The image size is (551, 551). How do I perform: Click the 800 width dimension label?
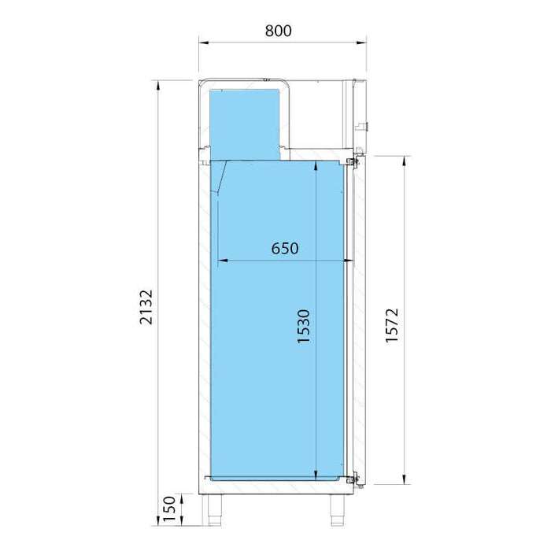tap(279, 31)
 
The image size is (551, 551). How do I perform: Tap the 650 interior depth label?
tap(285, 248)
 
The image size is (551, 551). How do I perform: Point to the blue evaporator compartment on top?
tap(245, 118)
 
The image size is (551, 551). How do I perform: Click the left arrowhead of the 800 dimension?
tap(201, 42)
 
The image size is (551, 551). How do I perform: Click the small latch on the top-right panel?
tap(365, 124)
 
